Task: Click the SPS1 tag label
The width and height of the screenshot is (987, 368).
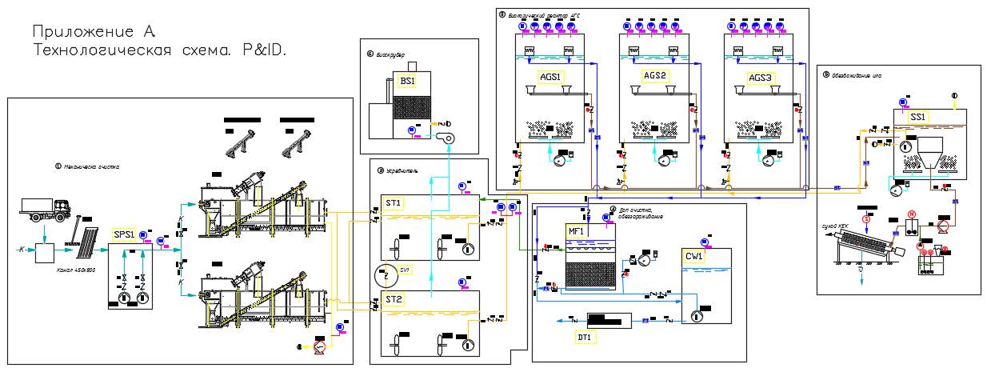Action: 124,234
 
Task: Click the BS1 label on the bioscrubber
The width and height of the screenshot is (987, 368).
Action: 408,82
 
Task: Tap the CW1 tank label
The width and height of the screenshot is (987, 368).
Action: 693,257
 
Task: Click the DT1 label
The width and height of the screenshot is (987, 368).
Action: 585,338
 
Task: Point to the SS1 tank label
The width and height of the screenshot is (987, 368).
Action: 917,117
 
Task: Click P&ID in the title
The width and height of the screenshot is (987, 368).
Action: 264,50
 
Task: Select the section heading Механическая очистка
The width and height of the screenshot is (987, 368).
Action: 91,166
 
